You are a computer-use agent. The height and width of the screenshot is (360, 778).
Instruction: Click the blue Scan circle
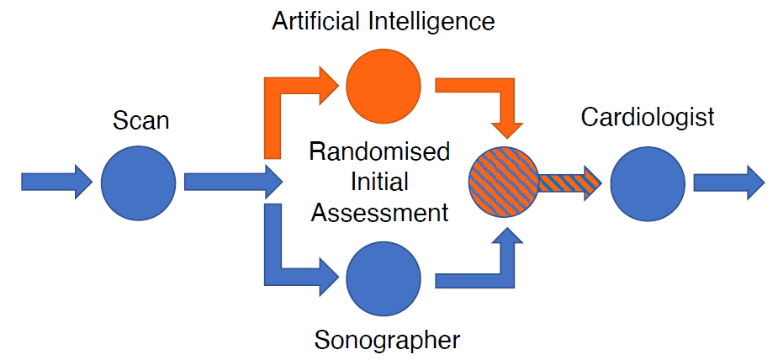(x=139, y=183)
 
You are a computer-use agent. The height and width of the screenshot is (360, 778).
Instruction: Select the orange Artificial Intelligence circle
(x=383, y=85)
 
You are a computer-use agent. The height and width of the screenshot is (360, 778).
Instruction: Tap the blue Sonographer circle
(x=383, y=278)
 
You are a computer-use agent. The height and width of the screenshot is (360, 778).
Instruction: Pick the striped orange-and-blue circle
(x=505, y=183)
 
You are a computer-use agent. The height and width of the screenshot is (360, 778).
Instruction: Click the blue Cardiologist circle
(x=648, y=183)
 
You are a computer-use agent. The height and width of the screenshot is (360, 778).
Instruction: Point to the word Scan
(x=141, y=121)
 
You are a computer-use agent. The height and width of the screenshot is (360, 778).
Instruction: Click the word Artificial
(x=318, y=22)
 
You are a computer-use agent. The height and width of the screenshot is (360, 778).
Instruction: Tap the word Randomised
(x=379, y=152)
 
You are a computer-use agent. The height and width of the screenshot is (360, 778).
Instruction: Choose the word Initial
(x=379, y=183)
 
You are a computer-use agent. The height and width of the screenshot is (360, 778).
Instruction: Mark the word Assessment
(x=379, y=213)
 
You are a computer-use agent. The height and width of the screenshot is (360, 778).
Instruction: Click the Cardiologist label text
(x=648, y=116)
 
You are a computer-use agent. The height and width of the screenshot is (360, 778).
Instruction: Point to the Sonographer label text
(x=387, y=340)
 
